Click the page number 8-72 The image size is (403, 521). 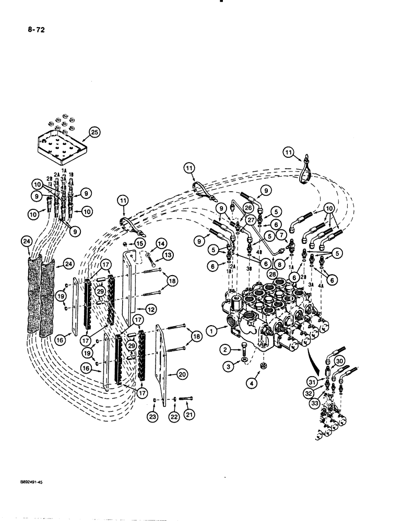click(29, 30)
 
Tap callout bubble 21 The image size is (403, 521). click(188, 417)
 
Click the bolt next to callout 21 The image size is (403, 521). click(186, 400)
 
